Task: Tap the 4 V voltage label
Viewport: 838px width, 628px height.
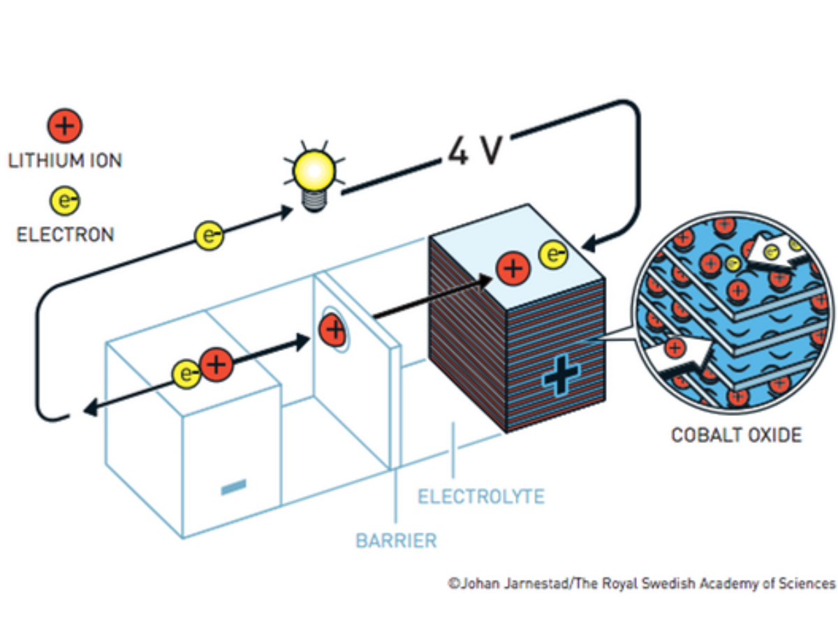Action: coord(475,150)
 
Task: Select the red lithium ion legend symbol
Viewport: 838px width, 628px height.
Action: coord(64,127)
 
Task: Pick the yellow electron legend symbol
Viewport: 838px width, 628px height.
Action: coord(65,202)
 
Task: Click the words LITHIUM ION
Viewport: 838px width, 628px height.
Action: coord(65,160)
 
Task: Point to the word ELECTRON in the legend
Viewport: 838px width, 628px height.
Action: coord(65,234)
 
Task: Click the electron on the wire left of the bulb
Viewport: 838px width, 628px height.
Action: coord(208,235)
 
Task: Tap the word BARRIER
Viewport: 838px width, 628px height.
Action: coord(396,540)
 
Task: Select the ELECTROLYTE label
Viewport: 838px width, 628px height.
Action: coord(480,497)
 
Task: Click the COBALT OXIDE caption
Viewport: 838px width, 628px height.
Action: coord(736,435)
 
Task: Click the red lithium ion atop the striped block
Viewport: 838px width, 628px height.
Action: coord(513,269)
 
